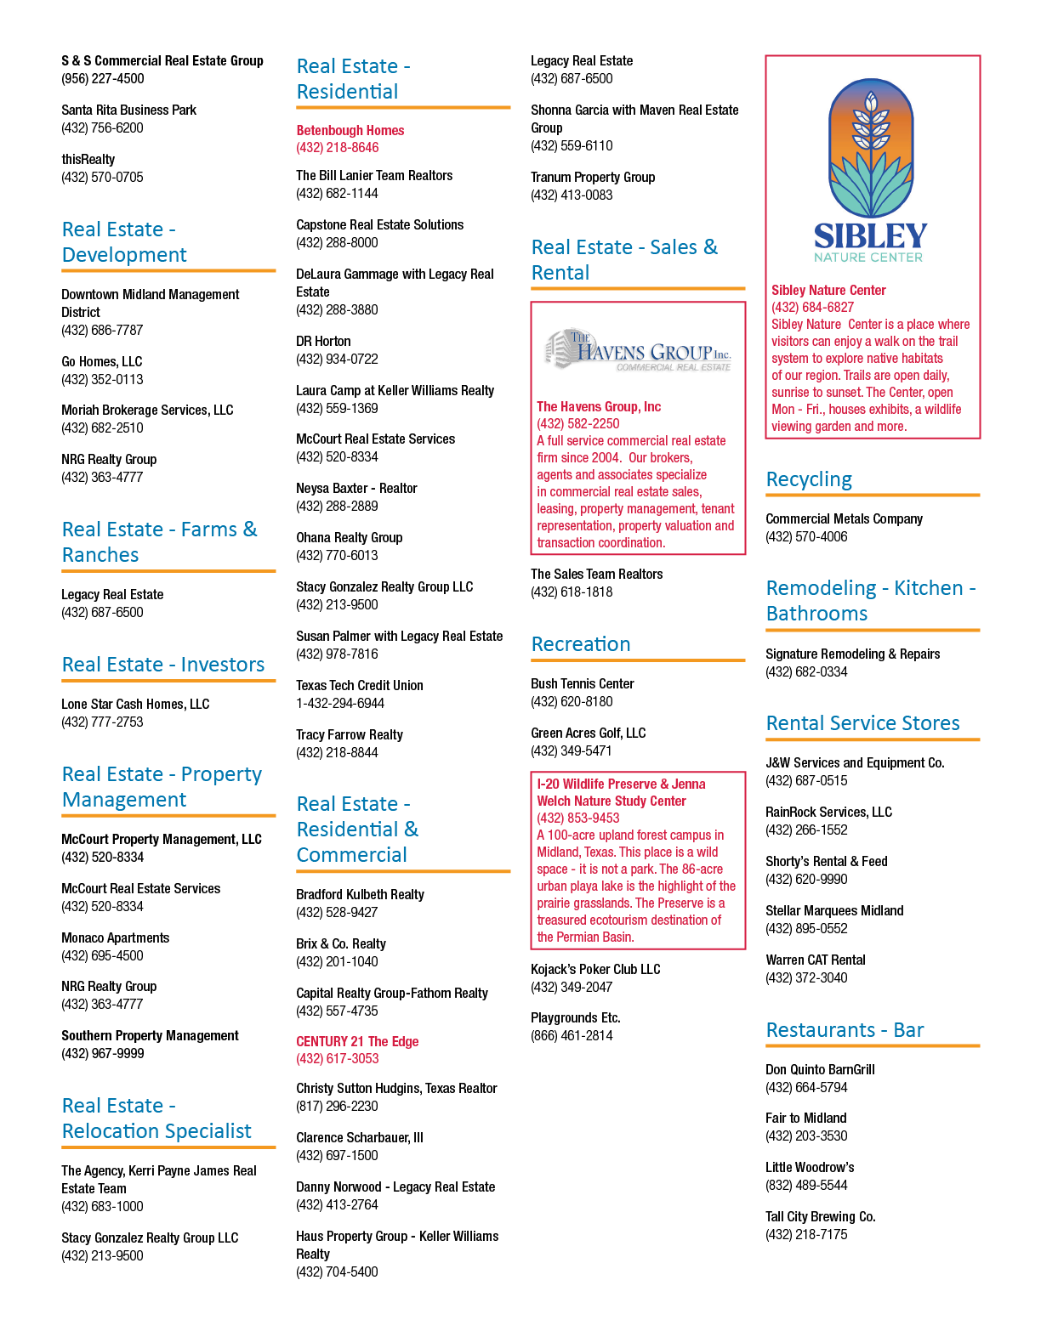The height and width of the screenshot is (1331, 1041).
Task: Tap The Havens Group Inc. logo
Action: [638, 349]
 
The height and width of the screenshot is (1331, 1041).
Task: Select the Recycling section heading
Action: [809, 479]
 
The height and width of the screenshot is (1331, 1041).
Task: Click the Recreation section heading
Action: [580, 643]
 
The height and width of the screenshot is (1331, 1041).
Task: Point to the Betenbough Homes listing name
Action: [350, 131]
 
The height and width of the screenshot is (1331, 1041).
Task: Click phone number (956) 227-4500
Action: [102, 78]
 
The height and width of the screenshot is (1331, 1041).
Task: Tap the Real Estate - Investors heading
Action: [163, 664]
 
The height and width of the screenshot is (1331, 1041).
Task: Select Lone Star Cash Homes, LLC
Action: [135, 705]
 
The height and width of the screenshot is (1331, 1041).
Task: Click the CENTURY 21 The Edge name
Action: [357, 1041]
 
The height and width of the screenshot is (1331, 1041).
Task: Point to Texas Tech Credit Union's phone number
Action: [340, 703]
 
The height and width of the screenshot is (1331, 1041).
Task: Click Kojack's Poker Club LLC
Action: [595, 969]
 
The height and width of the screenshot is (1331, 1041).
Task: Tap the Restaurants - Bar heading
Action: [845, 1029]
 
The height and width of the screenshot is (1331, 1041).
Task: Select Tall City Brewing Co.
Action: [821, 1216]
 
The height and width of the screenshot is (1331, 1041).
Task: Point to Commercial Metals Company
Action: [844, 518]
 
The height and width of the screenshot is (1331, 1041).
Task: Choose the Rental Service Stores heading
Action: [862, 722]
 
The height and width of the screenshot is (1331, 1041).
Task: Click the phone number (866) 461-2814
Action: [572, 1036]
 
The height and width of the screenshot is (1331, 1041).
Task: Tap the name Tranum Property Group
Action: [593, 177]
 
